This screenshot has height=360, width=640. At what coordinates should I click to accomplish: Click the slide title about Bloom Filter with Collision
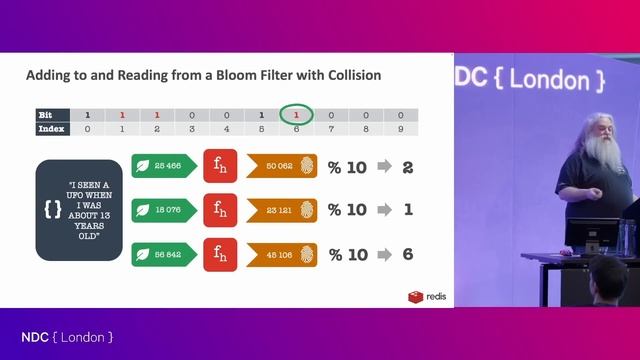click(203, 75)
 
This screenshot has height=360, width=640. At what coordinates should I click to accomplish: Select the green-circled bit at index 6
click(296, 116)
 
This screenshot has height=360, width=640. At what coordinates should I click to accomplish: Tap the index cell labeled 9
click(400, 129)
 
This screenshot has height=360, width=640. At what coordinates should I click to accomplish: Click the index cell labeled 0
click(88, 129)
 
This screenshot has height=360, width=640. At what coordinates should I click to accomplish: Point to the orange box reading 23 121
click(281, 211)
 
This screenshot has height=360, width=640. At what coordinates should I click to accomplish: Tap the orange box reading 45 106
click(281, 255)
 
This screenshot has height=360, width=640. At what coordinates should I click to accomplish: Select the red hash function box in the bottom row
click(220, 255)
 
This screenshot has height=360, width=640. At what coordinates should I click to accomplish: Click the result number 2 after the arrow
click(407, 167)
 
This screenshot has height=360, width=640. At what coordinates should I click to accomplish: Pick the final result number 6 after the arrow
click(407, 255)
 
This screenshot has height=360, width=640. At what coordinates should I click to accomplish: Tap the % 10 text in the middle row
click(348, 211)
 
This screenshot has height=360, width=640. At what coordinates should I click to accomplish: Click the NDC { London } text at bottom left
click(67, 337)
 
